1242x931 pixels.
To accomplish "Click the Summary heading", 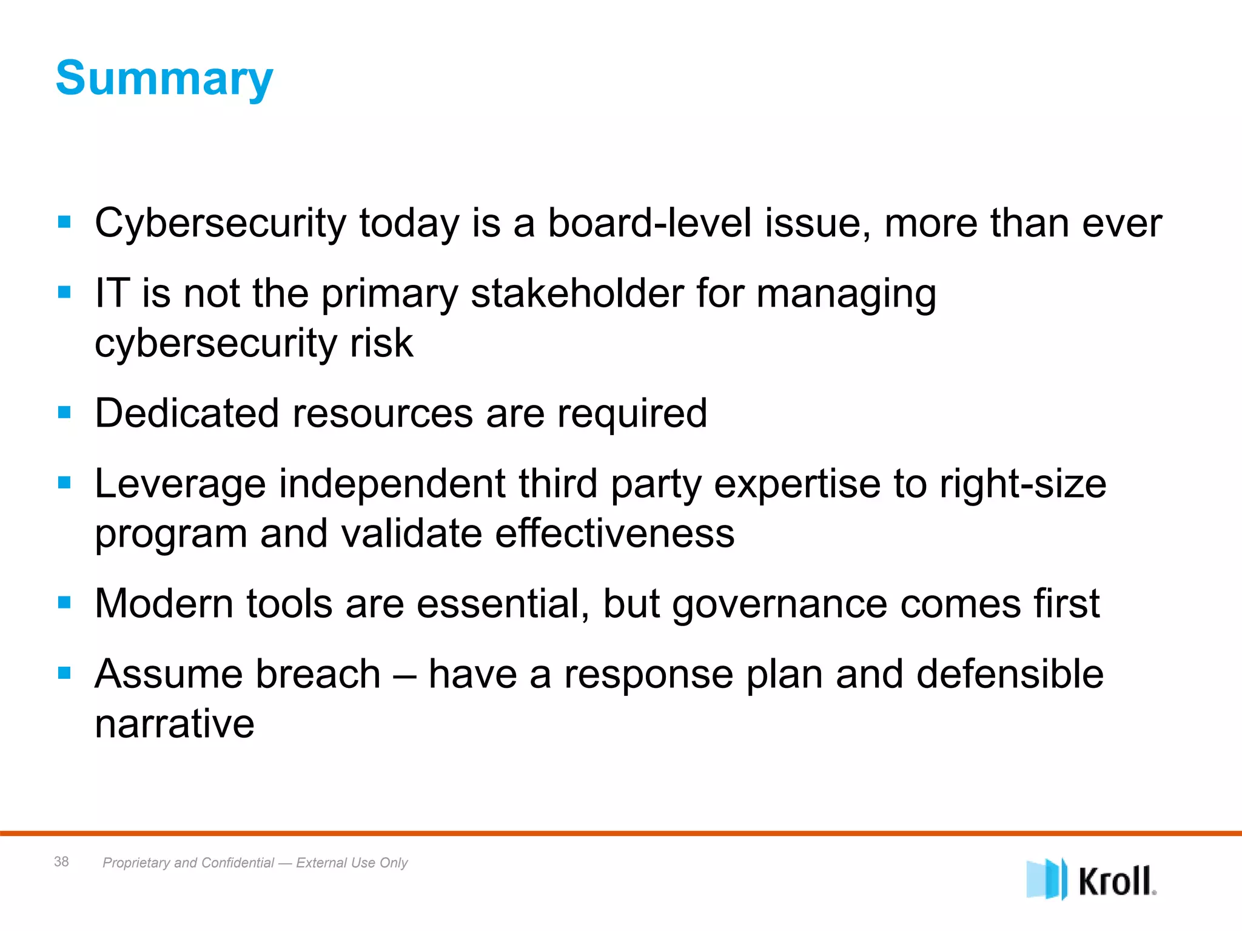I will click(164, 79).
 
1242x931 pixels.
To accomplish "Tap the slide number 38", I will click(61, 861).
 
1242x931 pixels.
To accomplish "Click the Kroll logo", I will click(1091, 879).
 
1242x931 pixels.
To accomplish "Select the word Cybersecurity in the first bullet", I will click(220, 224).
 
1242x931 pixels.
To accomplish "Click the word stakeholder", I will click(577, 293).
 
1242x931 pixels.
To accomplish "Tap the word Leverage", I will click(180, 485).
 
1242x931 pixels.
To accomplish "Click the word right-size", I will click(1022, 484).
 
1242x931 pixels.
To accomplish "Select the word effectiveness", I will click(614, 533).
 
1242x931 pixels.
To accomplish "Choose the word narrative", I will click(175, 724).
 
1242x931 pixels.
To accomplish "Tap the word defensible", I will click(1010, 674).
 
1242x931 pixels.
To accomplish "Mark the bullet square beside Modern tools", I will click(64, 602).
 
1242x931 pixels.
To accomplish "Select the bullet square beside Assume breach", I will click(64, 673).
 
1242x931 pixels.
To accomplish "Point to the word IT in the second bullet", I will click(112, 293).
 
